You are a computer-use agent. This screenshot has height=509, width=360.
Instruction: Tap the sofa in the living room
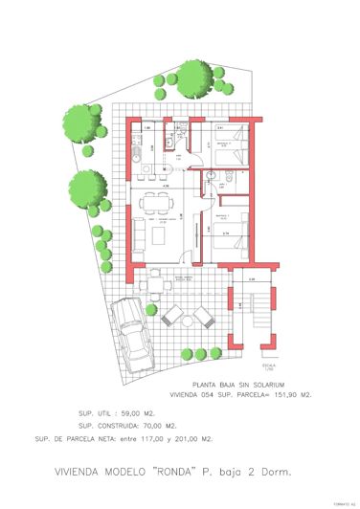[138, 232]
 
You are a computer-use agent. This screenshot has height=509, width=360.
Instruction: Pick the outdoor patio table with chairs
[156, 283]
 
